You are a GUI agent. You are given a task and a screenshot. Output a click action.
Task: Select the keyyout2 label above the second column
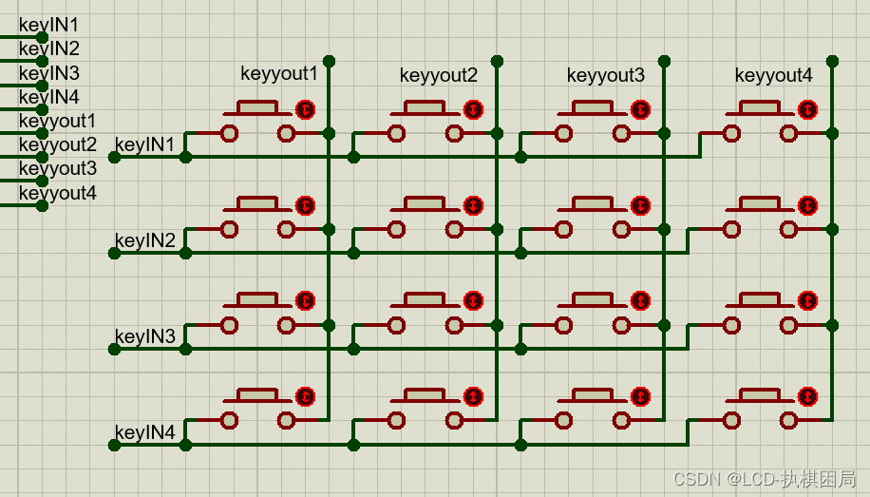(x=438, y=75)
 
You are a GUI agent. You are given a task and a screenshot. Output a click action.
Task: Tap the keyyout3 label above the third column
(x=605, y=75)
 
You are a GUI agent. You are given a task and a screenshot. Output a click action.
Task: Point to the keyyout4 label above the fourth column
(x=773, y=75)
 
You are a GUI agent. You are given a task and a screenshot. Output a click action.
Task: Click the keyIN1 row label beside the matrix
(x=144, y=144)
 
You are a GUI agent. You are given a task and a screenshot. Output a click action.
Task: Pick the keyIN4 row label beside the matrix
(x=144, y=433)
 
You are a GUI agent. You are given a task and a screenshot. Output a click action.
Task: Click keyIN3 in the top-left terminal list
(x=49, y=73)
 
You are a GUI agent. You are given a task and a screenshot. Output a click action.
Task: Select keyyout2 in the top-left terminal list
(x=57, y=145)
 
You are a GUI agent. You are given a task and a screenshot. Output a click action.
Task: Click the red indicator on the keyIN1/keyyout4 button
(x=808, y=110)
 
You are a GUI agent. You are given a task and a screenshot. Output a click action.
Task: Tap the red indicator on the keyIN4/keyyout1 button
(x=306, y=396)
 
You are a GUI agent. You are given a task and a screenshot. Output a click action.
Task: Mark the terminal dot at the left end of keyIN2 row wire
(x=114, y=253)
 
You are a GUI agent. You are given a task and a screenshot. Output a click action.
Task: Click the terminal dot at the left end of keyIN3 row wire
(x=114, y=349)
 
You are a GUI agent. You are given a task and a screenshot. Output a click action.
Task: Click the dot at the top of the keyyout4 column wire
(x=832, y=61)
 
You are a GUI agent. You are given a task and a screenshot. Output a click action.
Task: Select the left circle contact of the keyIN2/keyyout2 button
(x=396, y=229)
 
